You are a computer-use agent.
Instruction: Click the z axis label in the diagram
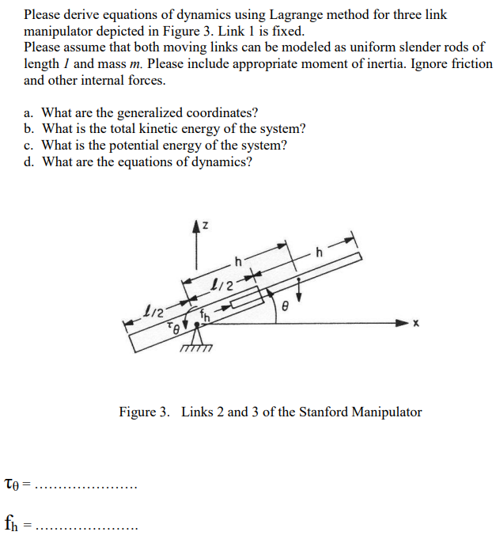pyautogui.click(x=204, y=226)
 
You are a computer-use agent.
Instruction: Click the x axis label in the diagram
pyautogui.click(x=426, y=324)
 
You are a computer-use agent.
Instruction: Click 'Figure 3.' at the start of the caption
pyautogui.click(x=144, y=412)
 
